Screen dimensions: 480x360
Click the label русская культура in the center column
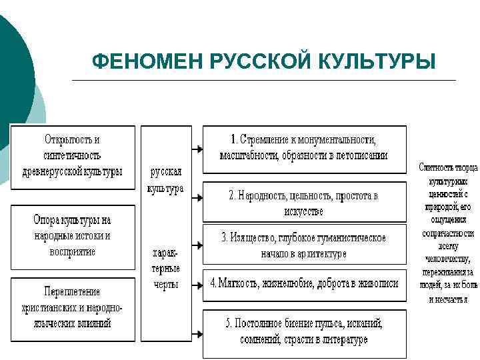click(165, 180)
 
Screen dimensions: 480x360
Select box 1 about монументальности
click(303, 148)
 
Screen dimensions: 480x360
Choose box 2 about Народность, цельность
click(303, 203)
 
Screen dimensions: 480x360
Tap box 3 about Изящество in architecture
click(303, 245)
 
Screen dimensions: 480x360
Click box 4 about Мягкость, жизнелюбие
click(303, 283)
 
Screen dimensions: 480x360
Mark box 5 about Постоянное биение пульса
click(303, 331)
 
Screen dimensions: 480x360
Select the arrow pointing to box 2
click(197, 197)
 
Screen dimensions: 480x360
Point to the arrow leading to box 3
click(197, 245)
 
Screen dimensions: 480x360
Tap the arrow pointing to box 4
click(197, 284)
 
